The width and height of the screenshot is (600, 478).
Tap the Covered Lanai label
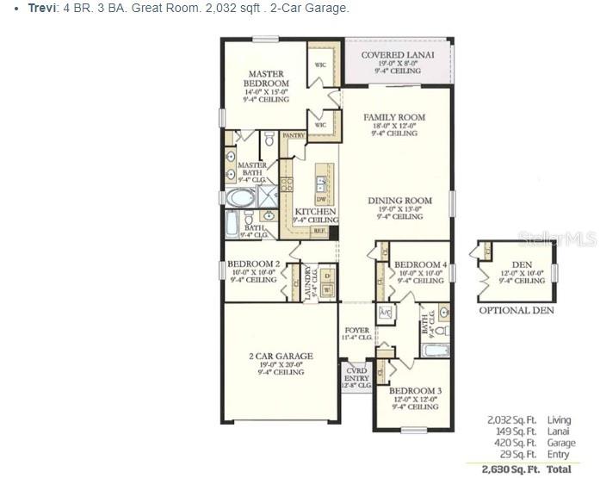click(397, 55)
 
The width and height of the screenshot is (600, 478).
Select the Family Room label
click(394, 117)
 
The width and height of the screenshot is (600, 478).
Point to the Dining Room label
click(399, 201)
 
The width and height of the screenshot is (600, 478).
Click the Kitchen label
click(315, 211)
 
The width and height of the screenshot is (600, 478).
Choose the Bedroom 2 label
click(253, 264)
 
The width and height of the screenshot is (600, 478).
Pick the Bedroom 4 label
click(420, 264)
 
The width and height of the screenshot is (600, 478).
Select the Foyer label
click(356, 330)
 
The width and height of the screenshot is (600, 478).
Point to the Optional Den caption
click(516, 310)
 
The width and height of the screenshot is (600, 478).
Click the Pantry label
click(294, 135)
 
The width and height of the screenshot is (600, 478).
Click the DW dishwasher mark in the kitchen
click(320, 199)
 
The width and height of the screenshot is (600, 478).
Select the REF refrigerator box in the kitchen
click(319, 231)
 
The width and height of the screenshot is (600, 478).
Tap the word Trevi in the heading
click(42, 8)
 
